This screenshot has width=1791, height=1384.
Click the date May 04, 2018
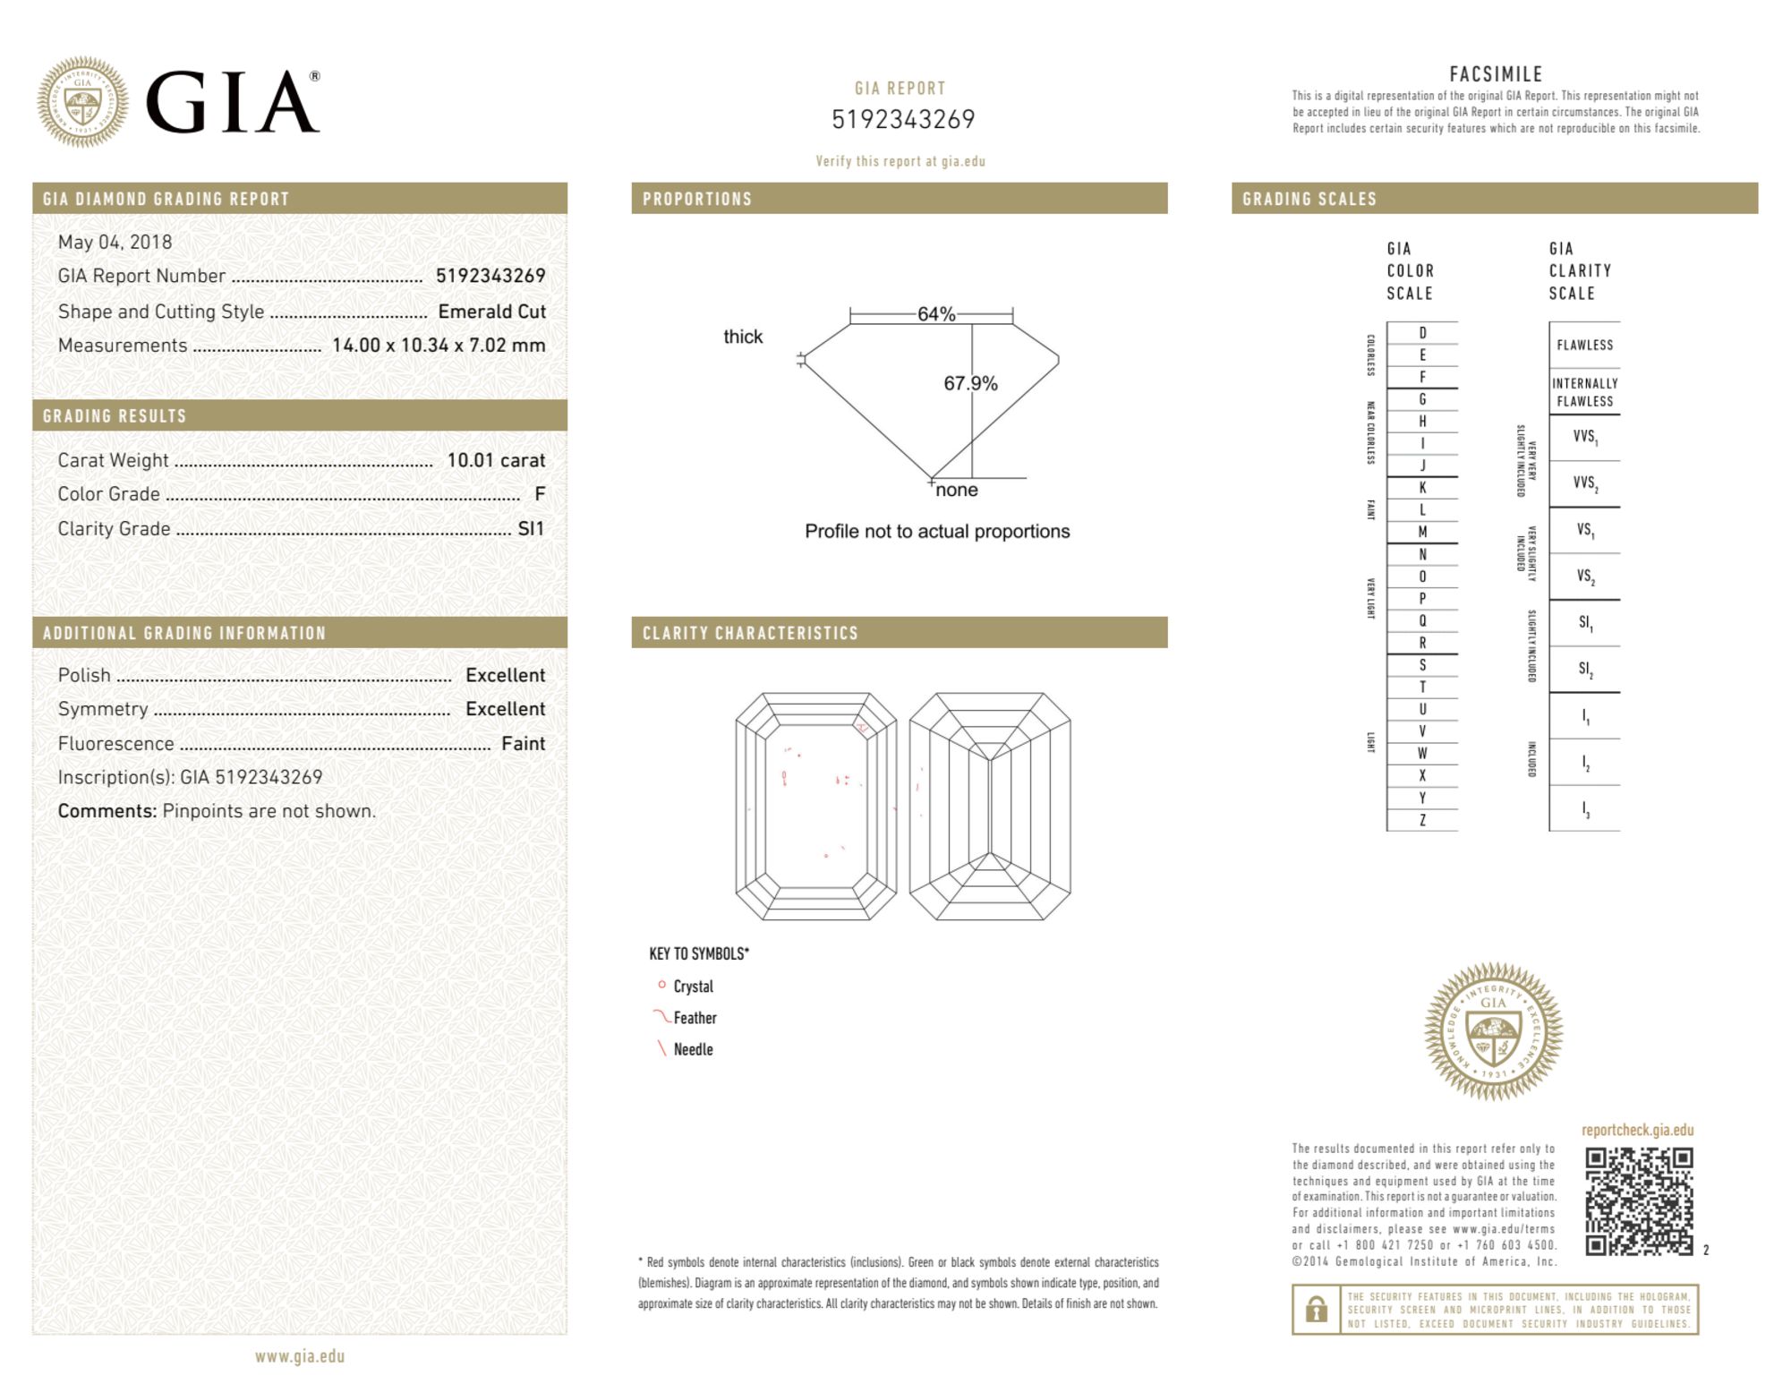[x=115, y=242]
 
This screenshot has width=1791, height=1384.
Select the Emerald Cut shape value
[x=491, y=312]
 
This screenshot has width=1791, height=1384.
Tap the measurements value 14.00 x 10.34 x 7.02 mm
[x=439, y=346]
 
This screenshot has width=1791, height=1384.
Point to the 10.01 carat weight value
[x=496, y=460]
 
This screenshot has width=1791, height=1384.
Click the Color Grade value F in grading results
[x=540, y=494]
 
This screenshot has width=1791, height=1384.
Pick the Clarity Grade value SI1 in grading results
[x=531, y=529]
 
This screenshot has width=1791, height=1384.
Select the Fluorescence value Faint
[x=523, y=744]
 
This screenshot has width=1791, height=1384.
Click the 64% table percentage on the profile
[x=936, y=314]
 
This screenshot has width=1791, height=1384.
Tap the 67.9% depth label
[x=970, y=383]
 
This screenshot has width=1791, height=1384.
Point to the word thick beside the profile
[x=743, y=337]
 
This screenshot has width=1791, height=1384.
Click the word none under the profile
[x=957, y=490]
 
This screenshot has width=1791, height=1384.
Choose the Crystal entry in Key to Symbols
[x=693, y=987]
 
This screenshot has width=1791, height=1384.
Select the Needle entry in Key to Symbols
[x=693, y=1049]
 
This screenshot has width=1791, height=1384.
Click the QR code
[x=1639, y=1201]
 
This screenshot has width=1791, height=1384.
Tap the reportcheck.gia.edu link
[x=1637, y=1130]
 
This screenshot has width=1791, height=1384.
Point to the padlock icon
[x=1316, y=1310]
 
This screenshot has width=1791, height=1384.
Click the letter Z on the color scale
[x=1422, y=820]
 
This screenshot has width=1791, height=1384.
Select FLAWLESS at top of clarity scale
[x=1584, y=346]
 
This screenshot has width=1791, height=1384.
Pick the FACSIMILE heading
[x=1496, y=74]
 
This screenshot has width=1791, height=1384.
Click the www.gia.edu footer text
[x=300, y=1356]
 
